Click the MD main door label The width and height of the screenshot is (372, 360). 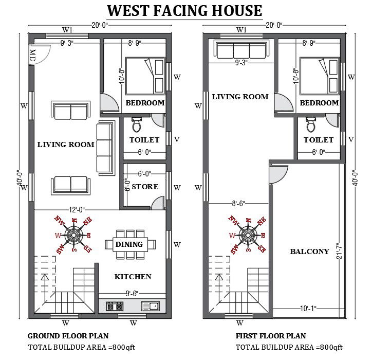click(32, 56)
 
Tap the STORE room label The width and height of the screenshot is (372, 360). click(145, 187)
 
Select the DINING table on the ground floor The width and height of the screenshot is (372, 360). click(130, 244)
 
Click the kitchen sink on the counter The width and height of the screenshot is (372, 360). click(151, 306)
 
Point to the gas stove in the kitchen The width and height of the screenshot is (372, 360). click(115, 307)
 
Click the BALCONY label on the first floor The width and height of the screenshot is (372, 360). click(310, 251)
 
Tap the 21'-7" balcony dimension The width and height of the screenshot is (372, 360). click(340, 251)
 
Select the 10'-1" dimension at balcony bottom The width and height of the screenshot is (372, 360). click(308, 309)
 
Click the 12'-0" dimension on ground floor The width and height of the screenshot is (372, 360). click(77, 210)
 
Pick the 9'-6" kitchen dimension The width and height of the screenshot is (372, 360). click(132, 294)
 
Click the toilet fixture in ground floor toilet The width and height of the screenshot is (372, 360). click(137, 124)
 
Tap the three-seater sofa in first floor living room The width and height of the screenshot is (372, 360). click(241, 49)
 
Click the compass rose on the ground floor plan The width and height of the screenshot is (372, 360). click(73, 235)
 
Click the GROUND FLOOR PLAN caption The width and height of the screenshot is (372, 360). click(68, 336)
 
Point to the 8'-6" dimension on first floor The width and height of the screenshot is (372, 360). click(238, 204)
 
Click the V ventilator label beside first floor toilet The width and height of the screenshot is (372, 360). click(351, 139)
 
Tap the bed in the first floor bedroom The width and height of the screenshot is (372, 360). click(320, 76)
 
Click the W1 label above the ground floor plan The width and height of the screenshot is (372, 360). click(67, 30)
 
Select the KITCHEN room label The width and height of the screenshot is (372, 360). click(133, 277)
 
